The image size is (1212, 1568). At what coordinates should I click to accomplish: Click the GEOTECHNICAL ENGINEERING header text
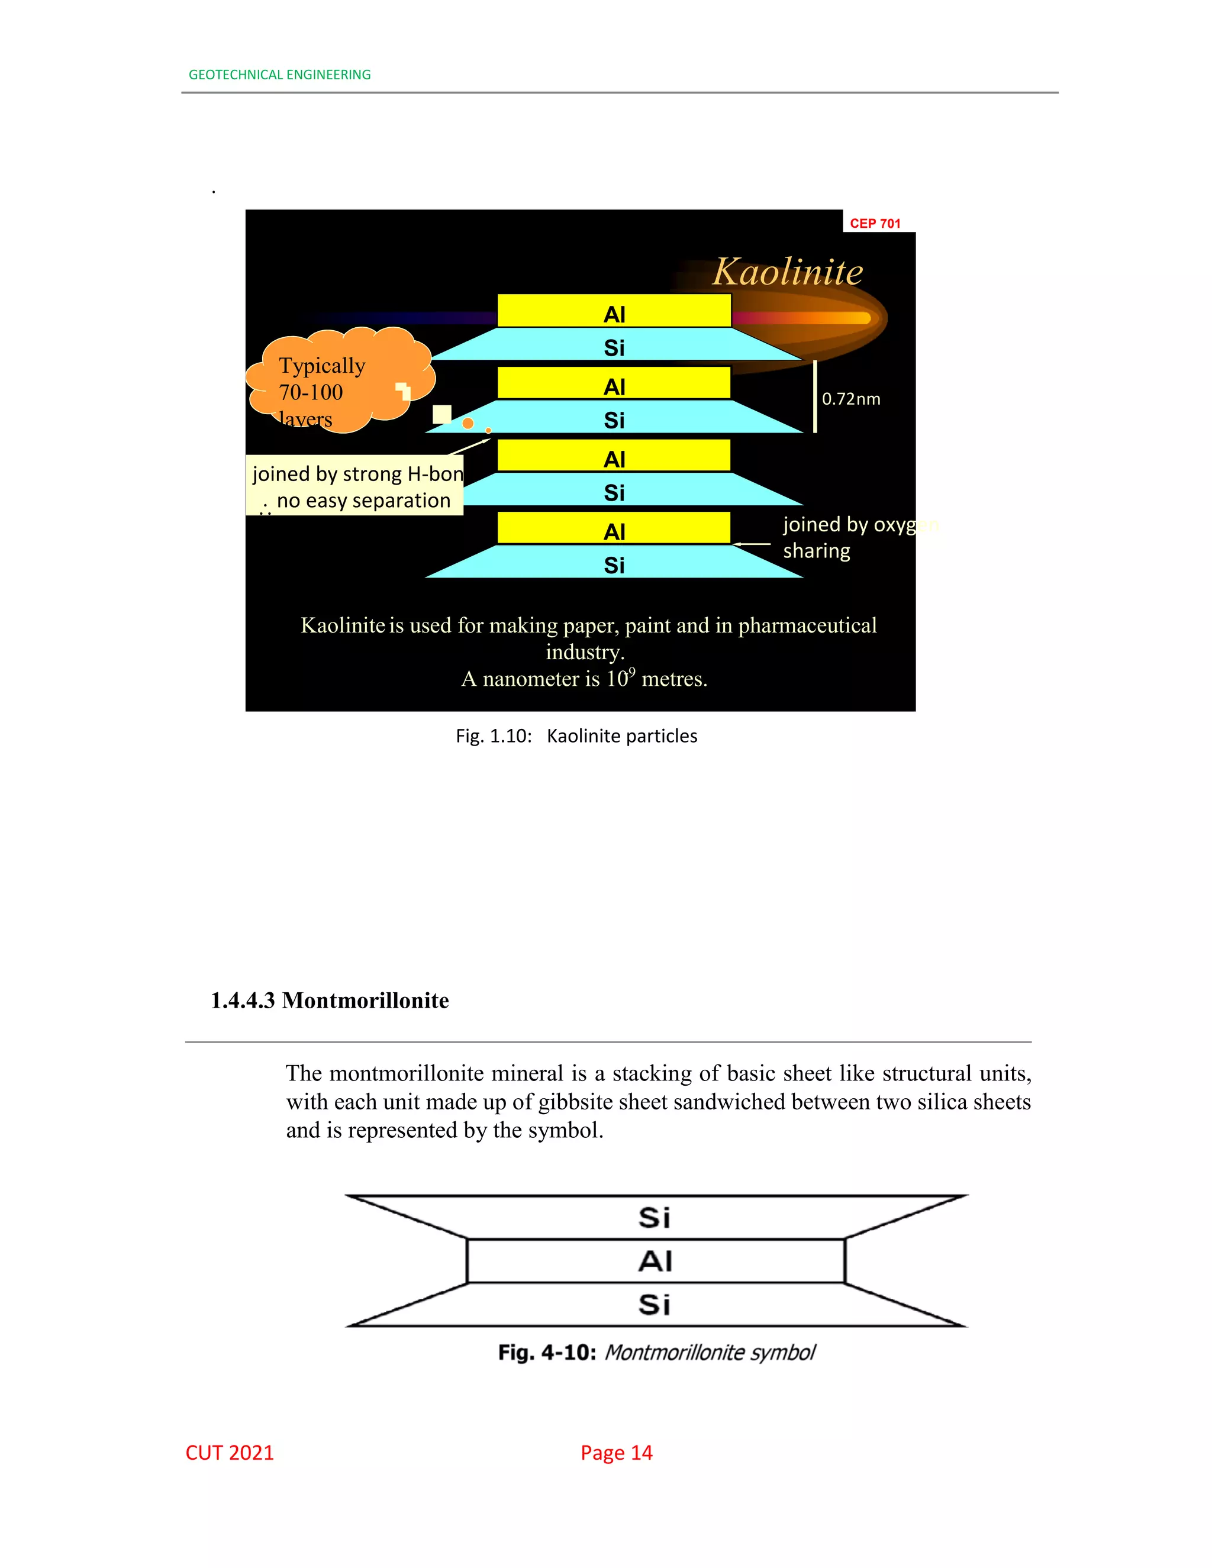pos(279,75)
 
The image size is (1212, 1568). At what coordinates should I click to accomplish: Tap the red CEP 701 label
pos(875,223)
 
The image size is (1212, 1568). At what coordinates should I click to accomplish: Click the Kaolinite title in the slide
pos(788,272)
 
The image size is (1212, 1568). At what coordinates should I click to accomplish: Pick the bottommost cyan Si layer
pos(614,563)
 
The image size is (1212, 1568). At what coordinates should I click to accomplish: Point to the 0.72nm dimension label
pos(851,399)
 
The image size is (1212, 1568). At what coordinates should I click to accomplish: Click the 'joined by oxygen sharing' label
pos(847,537)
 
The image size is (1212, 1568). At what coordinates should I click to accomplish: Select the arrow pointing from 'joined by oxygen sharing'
pos(752,544)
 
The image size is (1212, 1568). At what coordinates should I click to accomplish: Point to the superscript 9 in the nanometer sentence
pos(632,672)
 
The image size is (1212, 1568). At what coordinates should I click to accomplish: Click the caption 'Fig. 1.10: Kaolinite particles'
pos(576,736)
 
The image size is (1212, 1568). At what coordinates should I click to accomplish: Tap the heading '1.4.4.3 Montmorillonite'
pos(330,1000)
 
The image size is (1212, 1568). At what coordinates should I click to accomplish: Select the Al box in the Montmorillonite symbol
pos(656,1261)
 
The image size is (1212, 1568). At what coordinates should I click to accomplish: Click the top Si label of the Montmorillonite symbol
pos(655,1218)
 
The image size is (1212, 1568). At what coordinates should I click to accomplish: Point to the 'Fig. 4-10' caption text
pos(656,1353)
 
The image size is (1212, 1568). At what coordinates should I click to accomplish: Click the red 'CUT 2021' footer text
pos(230,1453)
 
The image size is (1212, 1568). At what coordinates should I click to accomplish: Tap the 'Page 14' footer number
pos(616,1453)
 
